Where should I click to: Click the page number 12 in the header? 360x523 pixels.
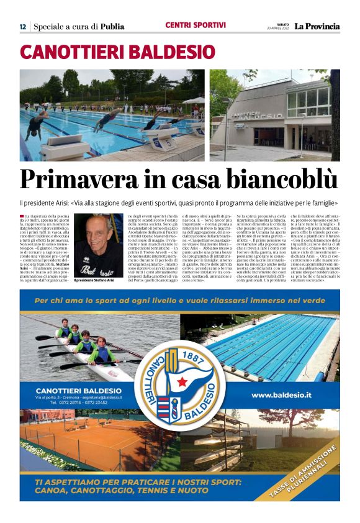point(22,27)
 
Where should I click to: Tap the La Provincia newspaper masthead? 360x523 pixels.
point(317,26)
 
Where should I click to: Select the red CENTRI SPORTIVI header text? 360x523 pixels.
point(196,25)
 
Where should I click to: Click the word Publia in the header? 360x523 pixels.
point(112,27)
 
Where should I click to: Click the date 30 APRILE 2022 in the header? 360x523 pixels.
point(279,29)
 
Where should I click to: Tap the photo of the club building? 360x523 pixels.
point(274,115)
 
